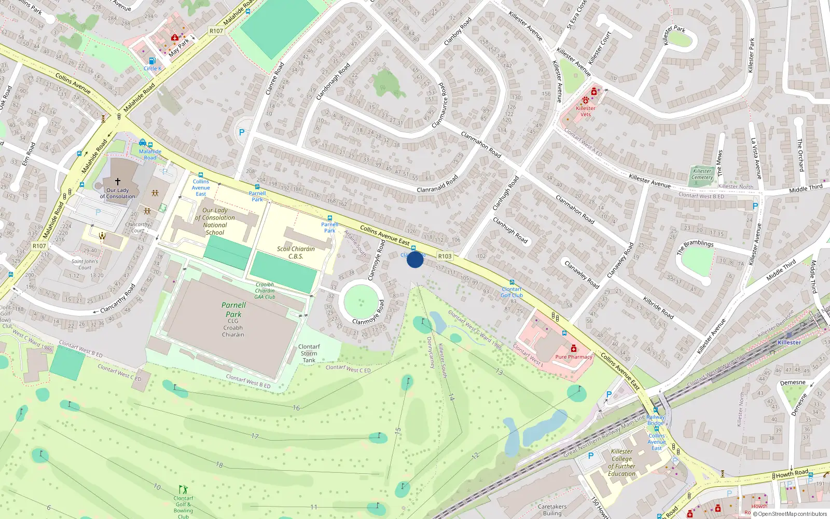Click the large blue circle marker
[415, 259]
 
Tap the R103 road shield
[445, 256]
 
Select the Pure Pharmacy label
[574, 357]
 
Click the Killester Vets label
[586, 111]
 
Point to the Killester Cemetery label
[702, 174]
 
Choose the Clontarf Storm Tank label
[309, 353]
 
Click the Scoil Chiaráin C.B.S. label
[296, 252]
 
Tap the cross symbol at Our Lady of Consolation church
[118, 182]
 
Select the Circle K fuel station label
[153, 68]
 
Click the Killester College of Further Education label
[621, 462]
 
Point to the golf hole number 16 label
[296, 408]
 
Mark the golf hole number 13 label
[499, 372]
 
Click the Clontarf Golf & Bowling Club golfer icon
[183, 489]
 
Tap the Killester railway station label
[789, 343]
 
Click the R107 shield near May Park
[216, 31]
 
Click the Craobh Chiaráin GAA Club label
[265, 291]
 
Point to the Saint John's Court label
[85, 265]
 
